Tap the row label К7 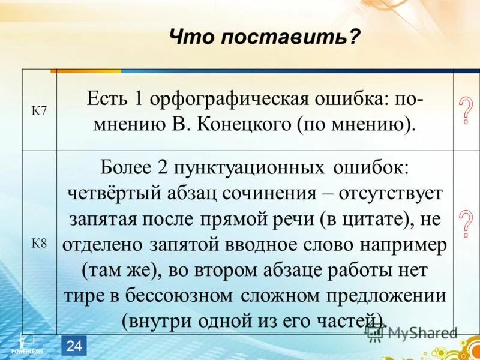click(x=39, y=112)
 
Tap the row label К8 click(x=39, y=243)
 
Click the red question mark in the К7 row click(x=464, y=111)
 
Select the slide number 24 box click(x=74, y=345)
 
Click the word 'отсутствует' click(x=391, y=194)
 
